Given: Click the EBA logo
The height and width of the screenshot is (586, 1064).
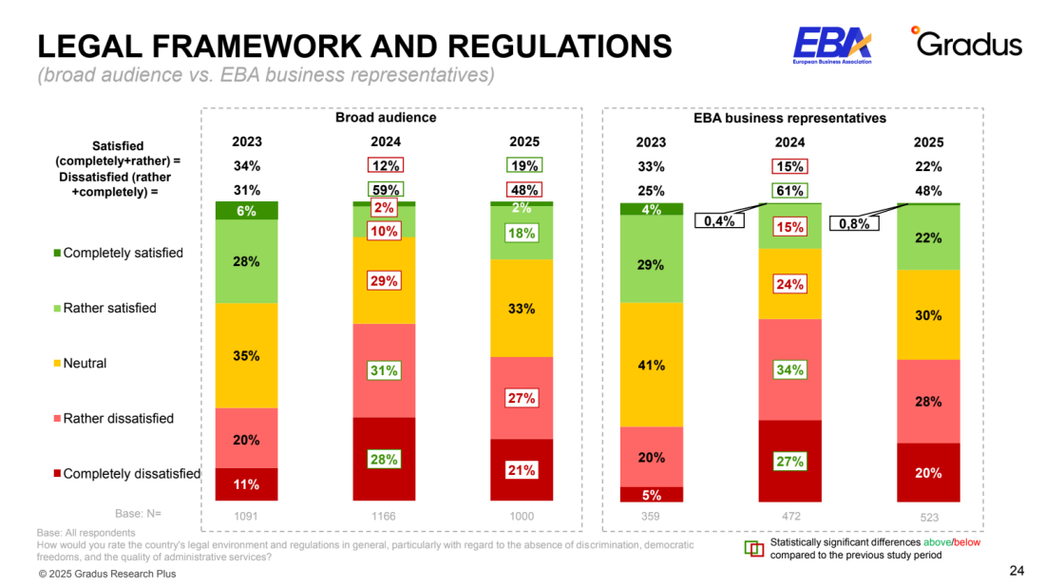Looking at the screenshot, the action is click(x=832, y=46).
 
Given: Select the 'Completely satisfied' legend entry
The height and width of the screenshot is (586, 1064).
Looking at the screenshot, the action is click(x=118, y=253).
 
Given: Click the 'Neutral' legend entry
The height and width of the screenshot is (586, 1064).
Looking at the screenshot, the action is click(x=80, y=364).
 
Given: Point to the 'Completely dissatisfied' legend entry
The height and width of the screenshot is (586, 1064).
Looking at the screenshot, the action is click(x=127, y=474).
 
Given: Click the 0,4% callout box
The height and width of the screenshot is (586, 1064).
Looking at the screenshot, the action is click(x=719, y=220).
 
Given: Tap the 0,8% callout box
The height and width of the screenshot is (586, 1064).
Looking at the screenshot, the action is click(x=854, y=223).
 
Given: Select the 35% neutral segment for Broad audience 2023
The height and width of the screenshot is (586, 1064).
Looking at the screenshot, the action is click(x=246, y=355).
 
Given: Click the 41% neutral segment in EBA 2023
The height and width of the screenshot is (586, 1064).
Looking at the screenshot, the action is click(x=652, y=365).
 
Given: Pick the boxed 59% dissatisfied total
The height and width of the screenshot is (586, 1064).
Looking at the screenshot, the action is click(x=386, y=190).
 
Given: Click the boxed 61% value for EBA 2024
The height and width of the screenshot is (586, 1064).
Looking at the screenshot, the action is click(x=789, y=191).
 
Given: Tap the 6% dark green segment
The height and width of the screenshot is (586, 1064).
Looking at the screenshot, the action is click(x=246, y=211).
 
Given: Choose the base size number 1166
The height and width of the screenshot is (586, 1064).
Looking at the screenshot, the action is click(x=384, y=516).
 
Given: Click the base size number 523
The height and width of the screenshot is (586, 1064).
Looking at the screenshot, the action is click(x=929, y=518).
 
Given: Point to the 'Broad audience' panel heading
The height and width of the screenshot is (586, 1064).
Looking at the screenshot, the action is click(x=386, y=118).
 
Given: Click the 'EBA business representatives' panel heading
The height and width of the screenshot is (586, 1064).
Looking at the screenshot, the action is click(x=789, y=118).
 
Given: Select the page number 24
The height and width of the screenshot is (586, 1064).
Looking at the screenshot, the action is click(x=1016, y=571).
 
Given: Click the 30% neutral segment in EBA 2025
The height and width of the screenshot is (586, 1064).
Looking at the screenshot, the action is click(x=928, y=315).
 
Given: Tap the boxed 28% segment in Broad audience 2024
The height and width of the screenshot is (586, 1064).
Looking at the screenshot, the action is click(x=384, y=459).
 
